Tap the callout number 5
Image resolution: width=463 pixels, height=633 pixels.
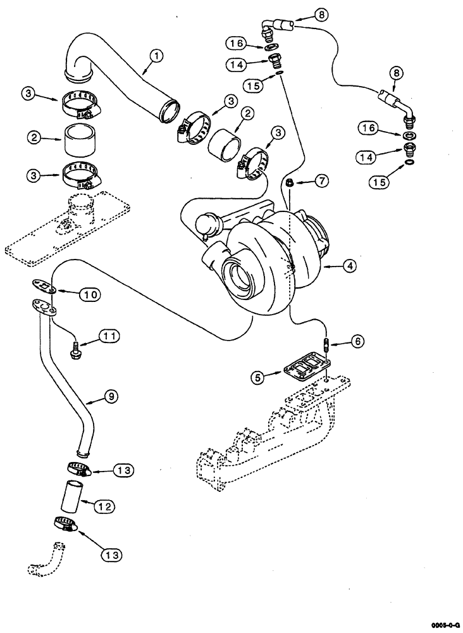point(259,378)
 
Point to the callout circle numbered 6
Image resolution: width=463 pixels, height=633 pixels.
point(357,341)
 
